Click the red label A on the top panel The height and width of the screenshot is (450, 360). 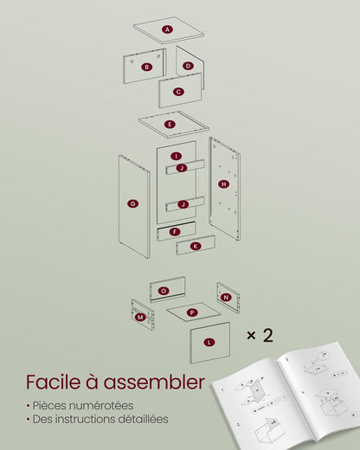click(167, 29)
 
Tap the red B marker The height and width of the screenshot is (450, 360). click(146, 67)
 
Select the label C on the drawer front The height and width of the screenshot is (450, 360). click(178, 92)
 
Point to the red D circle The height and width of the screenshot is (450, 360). click(188, 66)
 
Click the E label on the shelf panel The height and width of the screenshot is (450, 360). click(170, 125)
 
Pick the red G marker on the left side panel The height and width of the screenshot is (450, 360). click(132, 203)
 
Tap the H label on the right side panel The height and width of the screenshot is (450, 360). click(224, 184)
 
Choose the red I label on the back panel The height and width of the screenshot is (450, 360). click(176, 156)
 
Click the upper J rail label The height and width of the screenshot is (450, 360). click(182, 168)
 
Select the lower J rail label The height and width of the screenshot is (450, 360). click(183, 204)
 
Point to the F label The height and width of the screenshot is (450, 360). click(175, 232)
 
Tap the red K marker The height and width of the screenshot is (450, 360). click(196, 246)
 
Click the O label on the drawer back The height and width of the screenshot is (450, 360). click(164, 291)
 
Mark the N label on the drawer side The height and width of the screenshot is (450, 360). click(226, 297)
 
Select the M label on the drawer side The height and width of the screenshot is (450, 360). click(140, 318)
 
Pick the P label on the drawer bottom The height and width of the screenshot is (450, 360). click(192, 312)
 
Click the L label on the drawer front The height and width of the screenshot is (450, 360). click(209, 343)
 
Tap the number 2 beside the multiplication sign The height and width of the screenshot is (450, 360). click(268, 335)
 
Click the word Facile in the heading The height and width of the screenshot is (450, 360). click(53, 382)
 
